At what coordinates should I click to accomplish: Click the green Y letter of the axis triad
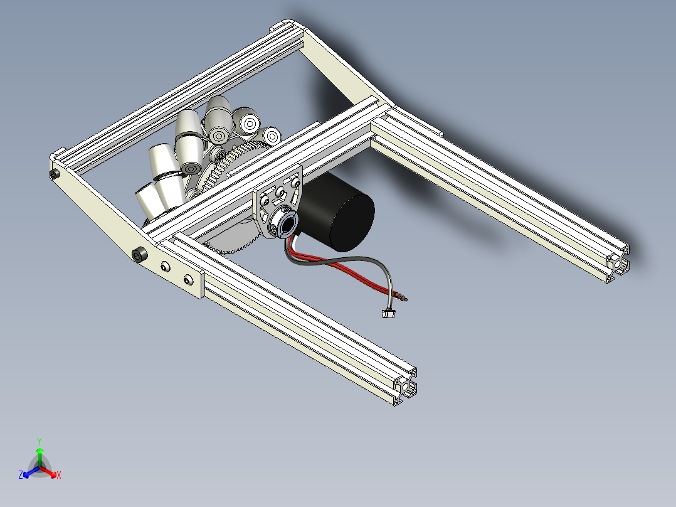coord(39,440)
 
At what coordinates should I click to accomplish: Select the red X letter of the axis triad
coord(59,476)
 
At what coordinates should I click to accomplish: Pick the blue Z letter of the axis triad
coord(21,476)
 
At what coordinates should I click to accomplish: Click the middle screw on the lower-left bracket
coord(166,268)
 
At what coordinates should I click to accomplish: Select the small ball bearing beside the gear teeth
coord(219,154)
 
